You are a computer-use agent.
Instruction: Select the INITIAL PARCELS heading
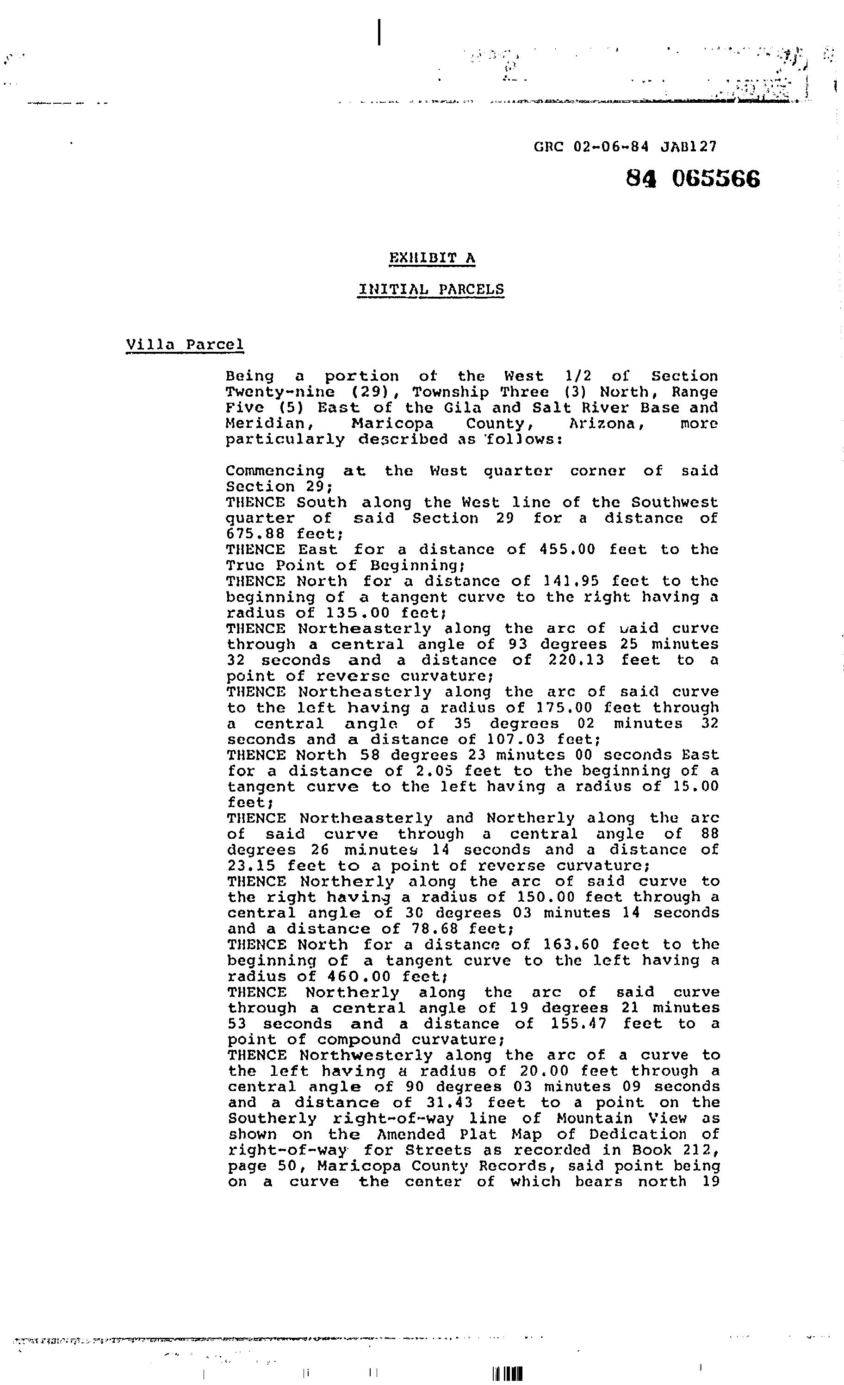pos(431,289)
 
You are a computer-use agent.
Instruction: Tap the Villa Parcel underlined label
pos(185,344)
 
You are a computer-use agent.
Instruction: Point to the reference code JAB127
pos(689,147)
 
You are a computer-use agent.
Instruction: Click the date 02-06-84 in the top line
pos(611,147)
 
